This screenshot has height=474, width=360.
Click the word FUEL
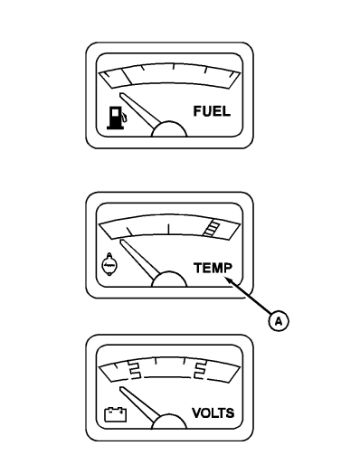pos(212,111)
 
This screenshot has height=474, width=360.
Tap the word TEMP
pos(213,268)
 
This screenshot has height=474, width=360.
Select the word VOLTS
pos(213,412)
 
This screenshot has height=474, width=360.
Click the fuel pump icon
pos(117,118)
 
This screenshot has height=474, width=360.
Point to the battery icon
pos(115,414)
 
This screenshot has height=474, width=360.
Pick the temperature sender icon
pos(109,264)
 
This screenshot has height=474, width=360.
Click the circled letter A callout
pos(279,321)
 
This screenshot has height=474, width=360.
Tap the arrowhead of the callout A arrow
pos(227,280)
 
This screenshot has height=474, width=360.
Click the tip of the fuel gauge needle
pos(121,93)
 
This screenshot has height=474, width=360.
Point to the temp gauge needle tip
pos(121,241)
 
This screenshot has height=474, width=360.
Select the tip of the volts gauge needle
pos(121,388)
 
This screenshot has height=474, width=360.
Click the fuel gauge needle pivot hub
pos(169,130)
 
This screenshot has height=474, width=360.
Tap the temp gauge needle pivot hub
pos(169,280)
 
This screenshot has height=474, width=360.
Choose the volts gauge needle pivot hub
pos(168,422)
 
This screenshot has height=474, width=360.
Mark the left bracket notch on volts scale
pos(134,369)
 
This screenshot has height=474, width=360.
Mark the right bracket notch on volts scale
pos(200,369)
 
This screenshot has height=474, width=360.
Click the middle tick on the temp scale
pos(168,229)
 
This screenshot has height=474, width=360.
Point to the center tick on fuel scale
pos(173,66)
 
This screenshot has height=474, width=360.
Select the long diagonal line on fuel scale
pos(126,77)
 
